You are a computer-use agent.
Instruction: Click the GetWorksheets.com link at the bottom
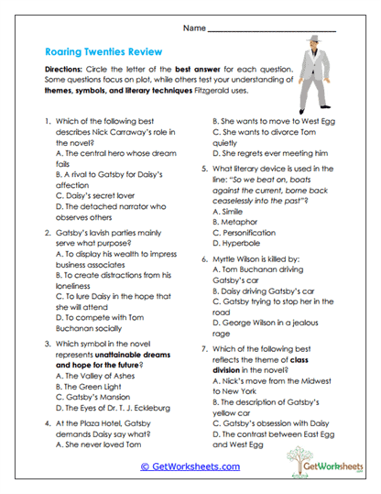[x=190, y=467]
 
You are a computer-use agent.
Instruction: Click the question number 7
[x=204, y=349]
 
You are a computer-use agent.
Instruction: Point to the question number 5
[x=204, y=169]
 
